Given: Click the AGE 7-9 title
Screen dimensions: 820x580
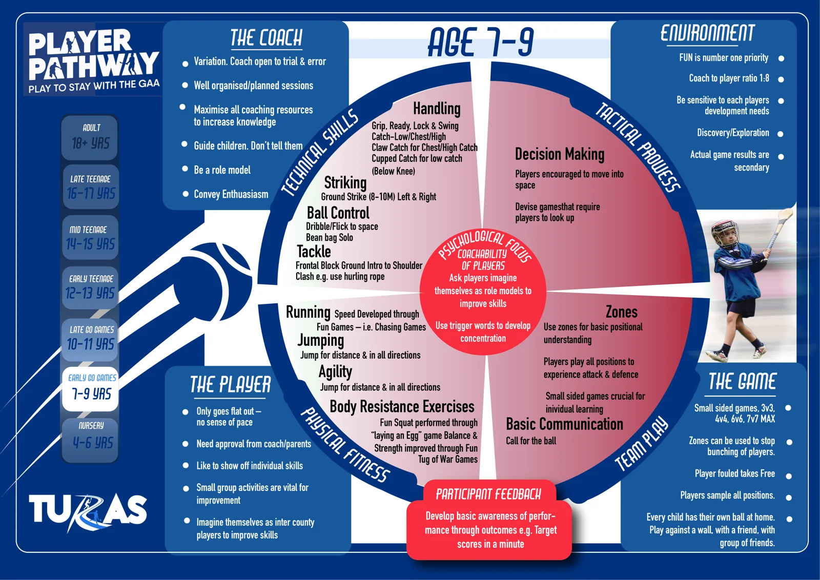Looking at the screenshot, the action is [481, 42].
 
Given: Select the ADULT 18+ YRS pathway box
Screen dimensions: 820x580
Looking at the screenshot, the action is [90, 138].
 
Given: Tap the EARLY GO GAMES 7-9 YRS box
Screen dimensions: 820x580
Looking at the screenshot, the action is [90, 388].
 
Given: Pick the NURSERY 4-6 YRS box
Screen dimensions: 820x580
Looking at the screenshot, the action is [90, 440].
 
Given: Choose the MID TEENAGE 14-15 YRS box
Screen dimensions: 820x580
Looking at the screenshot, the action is [90, 238].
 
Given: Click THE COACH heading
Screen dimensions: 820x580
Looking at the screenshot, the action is [266, 38].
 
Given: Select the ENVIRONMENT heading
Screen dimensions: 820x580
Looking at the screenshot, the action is [707, 33].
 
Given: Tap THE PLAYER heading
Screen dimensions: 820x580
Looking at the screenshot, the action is [230, 385].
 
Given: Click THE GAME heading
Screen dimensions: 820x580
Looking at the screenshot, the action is [742, 382].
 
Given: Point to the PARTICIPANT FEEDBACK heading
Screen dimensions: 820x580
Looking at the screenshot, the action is [488, 494].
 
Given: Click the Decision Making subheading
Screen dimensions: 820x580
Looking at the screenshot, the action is [560, 154].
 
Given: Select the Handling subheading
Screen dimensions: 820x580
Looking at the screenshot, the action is [437, 109].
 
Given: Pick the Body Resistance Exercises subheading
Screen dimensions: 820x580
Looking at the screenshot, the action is [402, 406].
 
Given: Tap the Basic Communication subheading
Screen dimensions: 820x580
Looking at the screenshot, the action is [564, 424].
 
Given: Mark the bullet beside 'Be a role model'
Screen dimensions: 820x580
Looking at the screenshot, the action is [185, 169].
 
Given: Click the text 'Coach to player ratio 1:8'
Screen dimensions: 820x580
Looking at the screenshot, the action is [729, 78].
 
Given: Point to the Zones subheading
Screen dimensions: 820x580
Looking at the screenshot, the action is [622, 312].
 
